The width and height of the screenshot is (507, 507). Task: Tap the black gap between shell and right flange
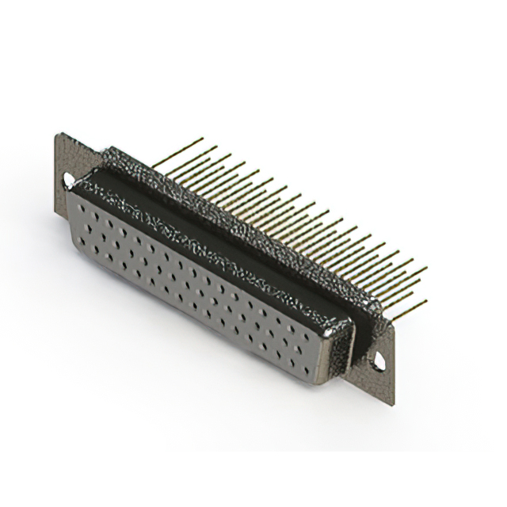(361, 333)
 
